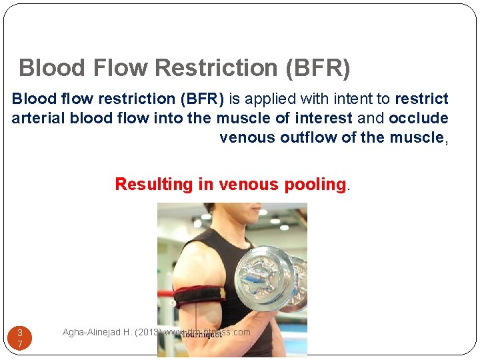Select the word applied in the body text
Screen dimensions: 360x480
(x=267, y=99)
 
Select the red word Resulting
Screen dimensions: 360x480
(x=155, y=185)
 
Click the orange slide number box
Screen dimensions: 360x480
(x=20, y=338)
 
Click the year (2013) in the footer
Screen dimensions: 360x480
(x=147, y=332)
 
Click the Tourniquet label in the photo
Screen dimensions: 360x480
(x=201, y=334)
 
